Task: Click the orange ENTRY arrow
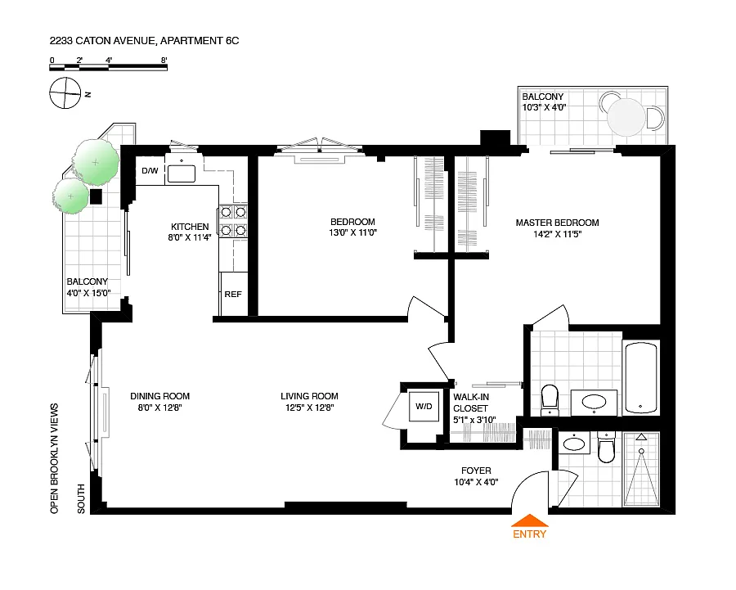529,520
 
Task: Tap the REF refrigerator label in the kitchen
233,294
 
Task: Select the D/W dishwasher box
150,170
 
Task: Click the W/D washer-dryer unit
424,407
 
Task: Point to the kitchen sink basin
182,173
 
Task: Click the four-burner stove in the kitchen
233,221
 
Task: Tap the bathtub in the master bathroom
640,378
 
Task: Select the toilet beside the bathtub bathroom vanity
550,400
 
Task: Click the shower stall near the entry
641,469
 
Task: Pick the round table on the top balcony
626,117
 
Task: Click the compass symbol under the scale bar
65,93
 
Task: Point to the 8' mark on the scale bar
164,60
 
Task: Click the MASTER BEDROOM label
557,223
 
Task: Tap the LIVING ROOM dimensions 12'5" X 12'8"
309,408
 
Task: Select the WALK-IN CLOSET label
471,403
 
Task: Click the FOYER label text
476,471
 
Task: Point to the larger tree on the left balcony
96,161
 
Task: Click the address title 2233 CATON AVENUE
102,41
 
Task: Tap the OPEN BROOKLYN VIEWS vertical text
55,458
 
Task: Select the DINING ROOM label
160,396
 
